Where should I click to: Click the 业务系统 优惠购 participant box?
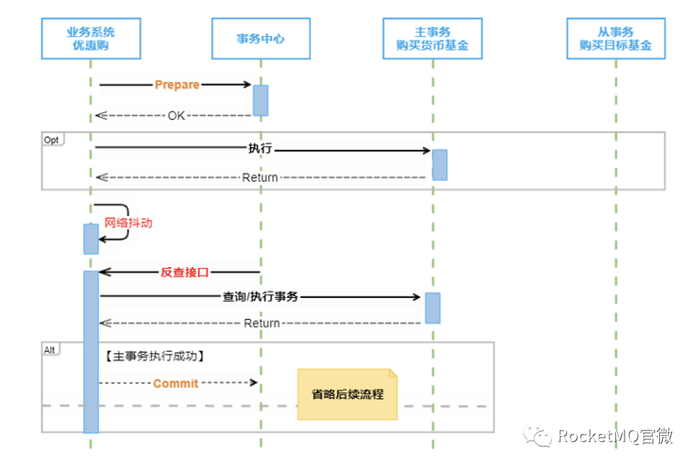coord(91,39)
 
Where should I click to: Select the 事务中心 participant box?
coord(261,39)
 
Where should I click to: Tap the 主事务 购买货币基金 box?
coord(433,39)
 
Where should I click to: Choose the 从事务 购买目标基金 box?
coord(616,39)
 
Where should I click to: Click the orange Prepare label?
coord(177,85)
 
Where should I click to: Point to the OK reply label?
coord(176,116)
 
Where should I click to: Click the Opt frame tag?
coord(52,140)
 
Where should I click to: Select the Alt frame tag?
coord(50,350)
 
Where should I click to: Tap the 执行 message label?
coord(260,148)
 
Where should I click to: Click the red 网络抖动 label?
coord(128,223)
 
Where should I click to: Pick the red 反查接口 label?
coord(185,272)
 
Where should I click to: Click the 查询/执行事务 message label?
coord(260,296)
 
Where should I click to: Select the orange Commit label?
coord(175,384)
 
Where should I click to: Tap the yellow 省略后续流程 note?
coord(347,394)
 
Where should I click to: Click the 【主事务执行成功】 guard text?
coord(155,356)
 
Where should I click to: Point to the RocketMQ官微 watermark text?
coord(615,436)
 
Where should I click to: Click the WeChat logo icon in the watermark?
coord(537,436)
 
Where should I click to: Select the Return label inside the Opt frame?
coord(260,178)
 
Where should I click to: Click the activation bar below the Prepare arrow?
coord(261,100)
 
